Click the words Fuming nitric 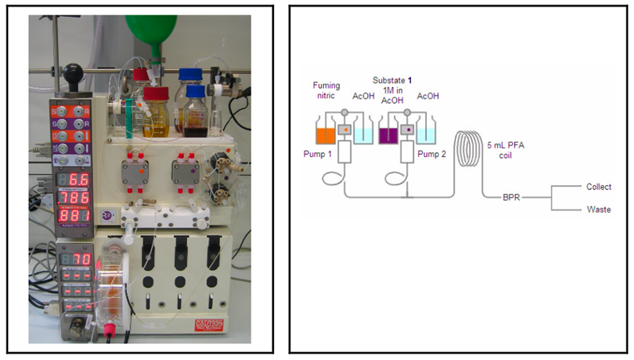326,89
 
